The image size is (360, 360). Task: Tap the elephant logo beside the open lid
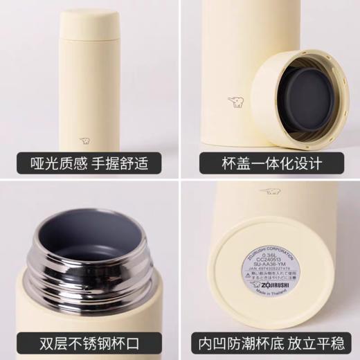236,103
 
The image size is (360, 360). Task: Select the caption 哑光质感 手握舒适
90,164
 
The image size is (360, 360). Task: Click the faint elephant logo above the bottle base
271,190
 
